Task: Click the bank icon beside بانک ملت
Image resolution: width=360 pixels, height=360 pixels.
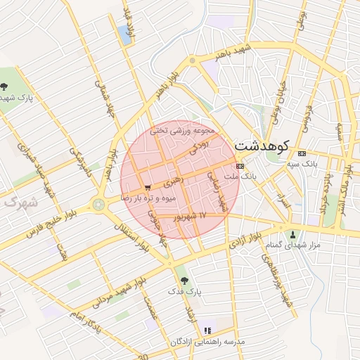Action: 240,166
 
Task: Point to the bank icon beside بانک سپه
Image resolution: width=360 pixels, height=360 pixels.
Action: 302,153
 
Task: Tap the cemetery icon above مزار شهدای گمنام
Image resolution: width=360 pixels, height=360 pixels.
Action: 293,234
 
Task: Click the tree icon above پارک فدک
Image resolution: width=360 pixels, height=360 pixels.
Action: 184,279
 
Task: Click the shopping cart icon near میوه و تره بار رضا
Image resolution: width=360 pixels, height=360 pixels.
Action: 147,188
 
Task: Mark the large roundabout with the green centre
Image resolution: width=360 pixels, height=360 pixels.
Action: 98,205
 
